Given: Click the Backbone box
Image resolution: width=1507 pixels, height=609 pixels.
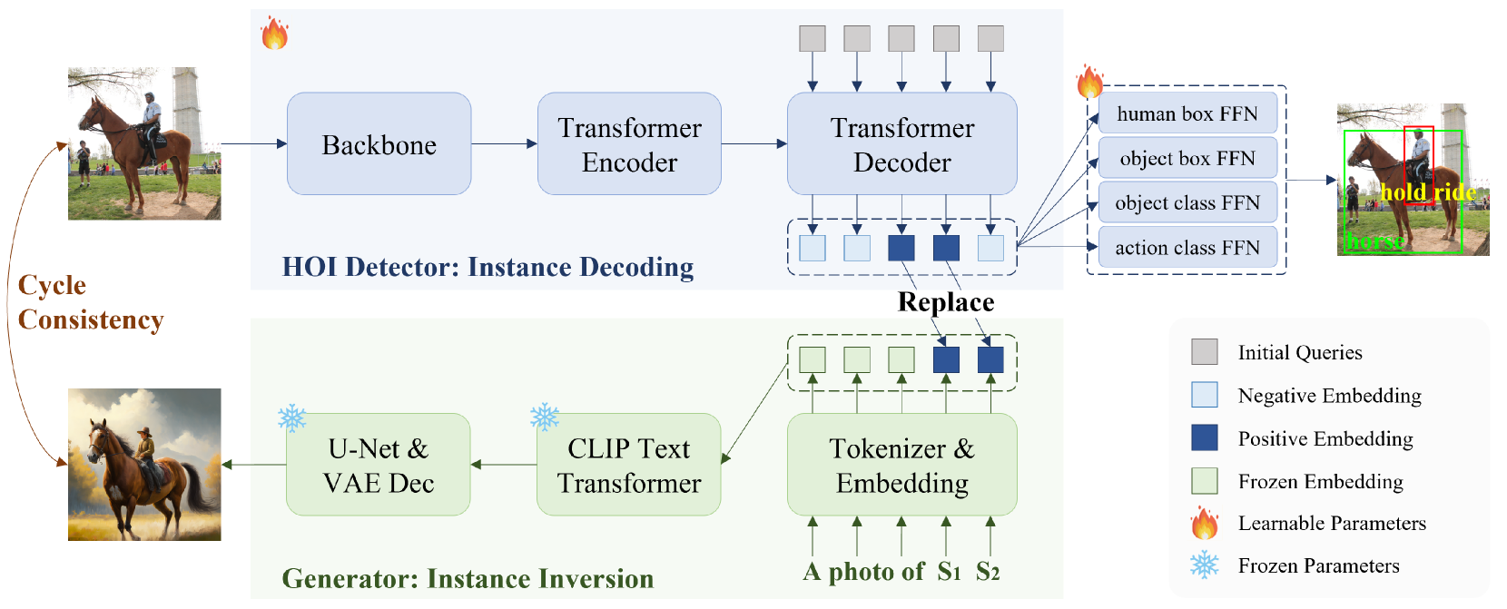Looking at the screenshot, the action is pos(379,144).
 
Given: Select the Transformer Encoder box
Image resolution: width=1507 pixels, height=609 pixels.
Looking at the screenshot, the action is pos(629,144).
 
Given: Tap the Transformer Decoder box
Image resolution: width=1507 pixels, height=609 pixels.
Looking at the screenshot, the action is pos(902,144).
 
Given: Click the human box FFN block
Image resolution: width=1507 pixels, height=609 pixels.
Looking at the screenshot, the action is pos(1187,113).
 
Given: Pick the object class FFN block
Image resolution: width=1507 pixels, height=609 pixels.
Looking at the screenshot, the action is pos(1187,202).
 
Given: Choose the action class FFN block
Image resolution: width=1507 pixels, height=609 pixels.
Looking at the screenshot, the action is pos(1187,247).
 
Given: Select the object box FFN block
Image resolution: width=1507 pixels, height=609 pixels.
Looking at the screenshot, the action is pos(1187,158).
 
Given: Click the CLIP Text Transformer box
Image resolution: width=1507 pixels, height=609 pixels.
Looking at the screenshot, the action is pos(629,465).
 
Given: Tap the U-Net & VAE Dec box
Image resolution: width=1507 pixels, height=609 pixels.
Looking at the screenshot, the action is pos(378,465).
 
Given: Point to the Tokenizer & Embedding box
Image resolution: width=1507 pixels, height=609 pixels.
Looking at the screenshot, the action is pos(902,465).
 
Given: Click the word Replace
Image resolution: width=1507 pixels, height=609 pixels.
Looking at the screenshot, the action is pos(946,302).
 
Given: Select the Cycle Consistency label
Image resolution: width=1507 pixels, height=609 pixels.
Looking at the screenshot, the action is pos(90,302).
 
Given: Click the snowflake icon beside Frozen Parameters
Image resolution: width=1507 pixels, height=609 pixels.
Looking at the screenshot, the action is pos(1205,565).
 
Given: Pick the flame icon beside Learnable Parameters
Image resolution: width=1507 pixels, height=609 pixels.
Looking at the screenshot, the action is pos(1205,523).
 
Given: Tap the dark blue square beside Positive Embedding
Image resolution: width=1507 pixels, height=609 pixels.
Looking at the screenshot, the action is pos(1205,437).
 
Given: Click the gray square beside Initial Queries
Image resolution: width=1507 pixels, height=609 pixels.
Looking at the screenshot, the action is pos(1205,352).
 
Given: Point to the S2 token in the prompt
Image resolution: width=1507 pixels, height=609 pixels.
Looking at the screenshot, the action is pos(988,572).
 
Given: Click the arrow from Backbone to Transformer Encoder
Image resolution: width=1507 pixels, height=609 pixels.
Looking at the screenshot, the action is pos(504,143).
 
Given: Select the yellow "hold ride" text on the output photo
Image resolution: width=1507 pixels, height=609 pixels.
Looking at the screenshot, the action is pos(1428,192).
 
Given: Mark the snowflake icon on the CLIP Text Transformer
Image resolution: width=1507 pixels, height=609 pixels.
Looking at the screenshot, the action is pos(545,417).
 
